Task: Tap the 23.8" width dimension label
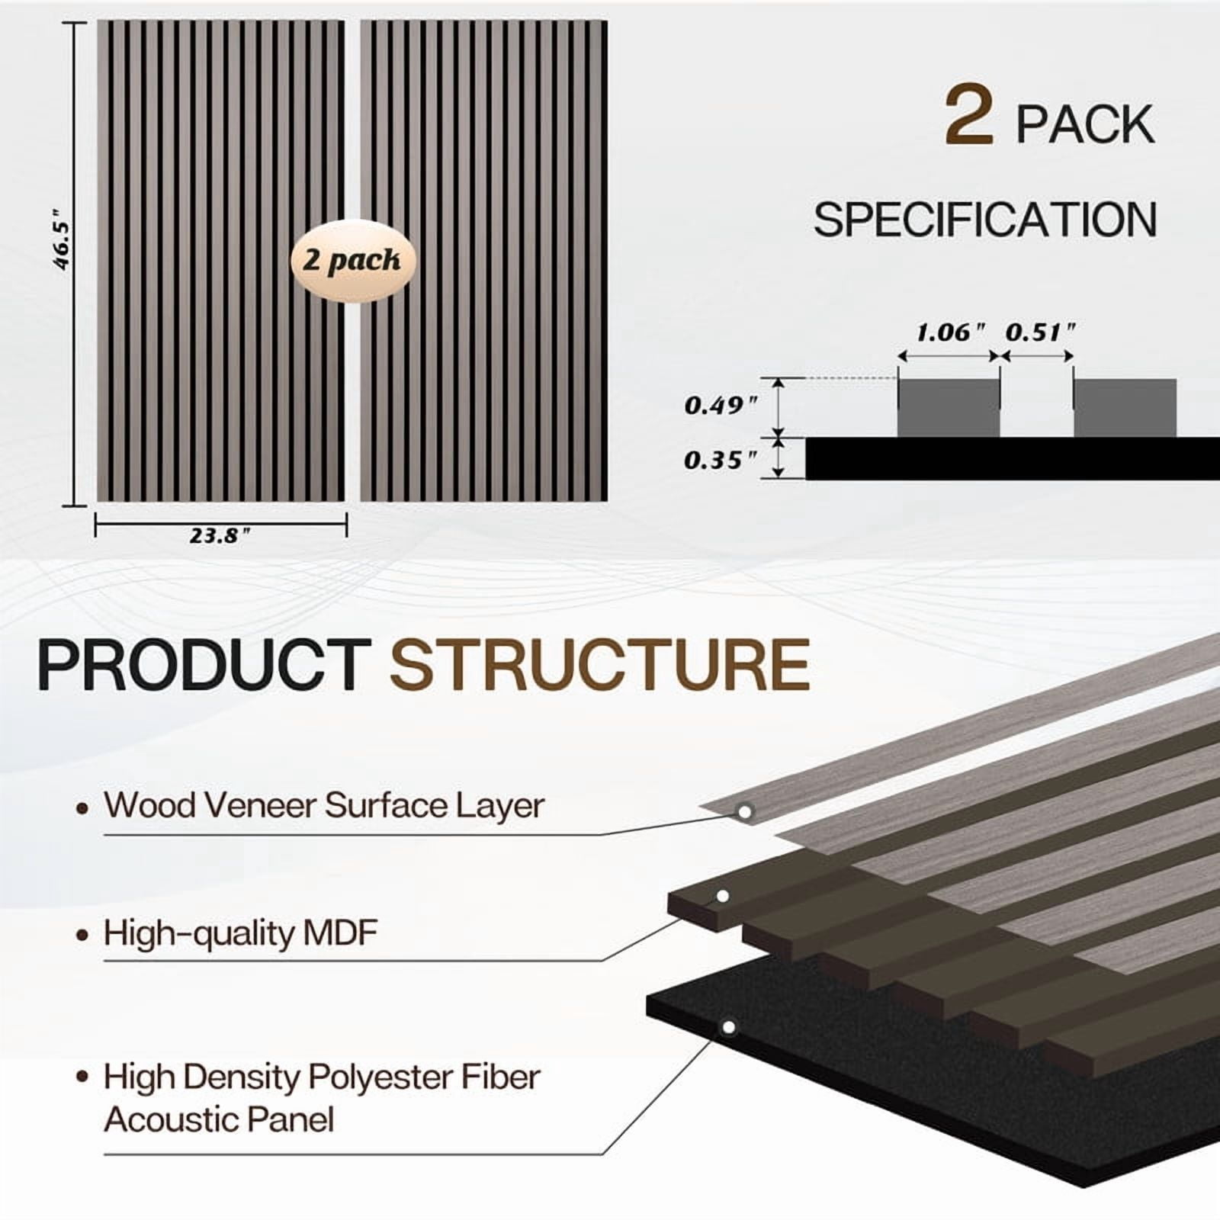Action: (220, 536)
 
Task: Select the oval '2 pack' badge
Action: (353, 261)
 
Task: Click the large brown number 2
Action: (969, 115)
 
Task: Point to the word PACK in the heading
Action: (1085, 124)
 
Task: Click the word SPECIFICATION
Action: (985, 220)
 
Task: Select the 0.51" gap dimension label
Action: (1040, 332)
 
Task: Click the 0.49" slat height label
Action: (721, 405)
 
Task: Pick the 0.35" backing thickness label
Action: (721, 460)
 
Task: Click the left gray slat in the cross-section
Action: (949, 408)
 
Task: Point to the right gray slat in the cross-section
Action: (1125, 408)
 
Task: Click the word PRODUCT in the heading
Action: (204, 665)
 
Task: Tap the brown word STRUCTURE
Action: (599, 665)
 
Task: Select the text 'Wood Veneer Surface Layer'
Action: (324, 805)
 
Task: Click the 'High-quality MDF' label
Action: (240, 933)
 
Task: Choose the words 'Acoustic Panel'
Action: (219, 1120)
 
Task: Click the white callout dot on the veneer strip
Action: (745, 812)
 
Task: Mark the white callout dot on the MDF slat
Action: (723, 896)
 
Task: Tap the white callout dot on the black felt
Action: (729, 1028)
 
